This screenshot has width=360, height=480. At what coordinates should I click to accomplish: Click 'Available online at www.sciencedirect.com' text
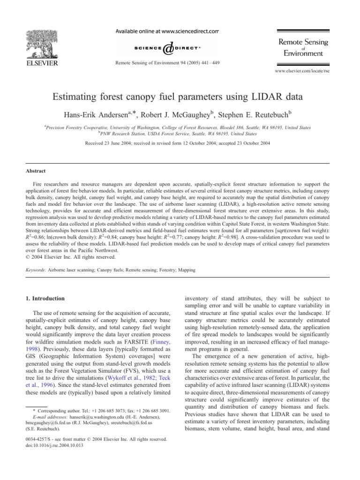coord(166,31)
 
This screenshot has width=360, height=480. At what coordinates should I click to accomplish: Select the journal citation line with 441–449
coord(166,62)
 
